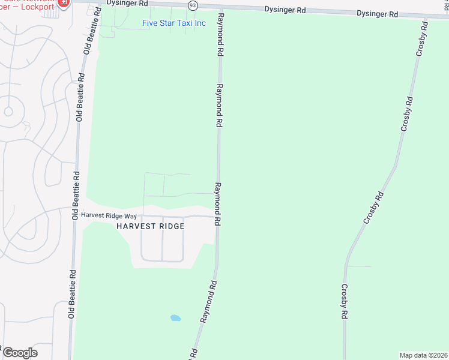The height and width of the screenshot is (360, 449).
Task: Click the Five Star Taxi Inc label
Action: (x=173, y=23)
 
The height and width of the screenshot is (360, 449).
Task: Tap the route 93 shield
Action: (x=192, y=5)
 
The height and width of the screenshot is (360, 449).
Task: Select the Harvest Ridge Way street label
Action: (x=109, y=215)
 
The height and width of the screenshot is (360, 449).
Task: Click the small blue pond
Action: (x=175, y=317)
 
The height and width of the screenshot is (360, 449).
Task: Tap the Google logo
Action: (x=20, y=353)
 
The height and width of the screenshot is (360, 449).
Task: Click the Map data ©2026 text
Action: (x=424, y=355)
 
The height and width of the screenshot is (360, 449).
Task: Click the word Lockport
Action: (x=35, y=7)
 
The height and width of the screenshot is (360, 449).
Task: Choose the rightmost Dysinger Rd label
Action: (x=377, y=13)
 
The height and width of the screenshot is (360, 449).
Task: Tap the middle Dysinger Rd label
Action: (x=286, y=10)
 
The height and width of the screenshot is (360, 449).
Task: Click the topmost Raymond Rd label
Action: (x=220, y=35)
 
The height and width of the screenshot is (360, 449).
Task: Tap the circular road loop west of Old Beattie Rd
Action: (x=8, y=111)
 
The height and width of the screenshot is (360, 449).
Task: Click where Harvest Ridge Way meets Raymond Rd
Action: (x=217, y=216)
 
